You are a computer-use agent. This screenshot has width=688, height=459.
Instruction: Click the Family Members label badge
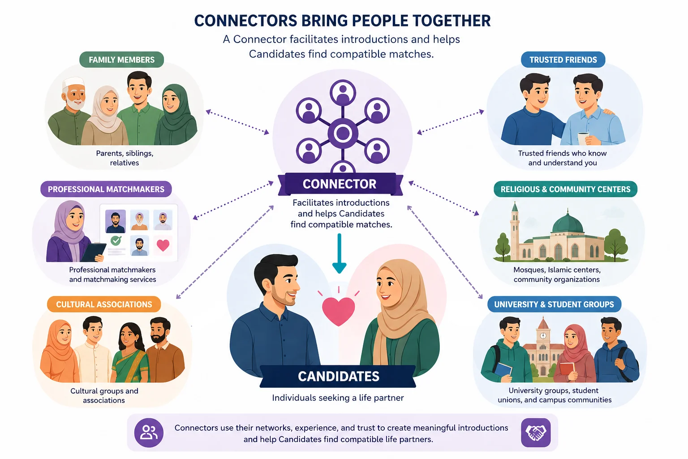pyautogui.click(x=122, y=60)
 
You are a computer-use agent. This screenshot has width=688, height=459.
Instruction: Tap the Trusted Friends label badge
pyautogui.click(x=563, y=60)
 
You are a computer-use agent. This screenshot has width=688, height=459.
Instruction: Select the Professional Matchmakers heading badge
pyautogui.click(x=106, y=189)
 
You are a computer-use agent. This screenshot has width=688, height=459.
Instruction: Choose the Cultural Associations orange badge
pyautogui.click(x=104, y=304)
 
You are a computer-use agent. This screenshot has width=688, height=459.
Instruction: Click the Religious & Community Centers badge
pyautogui.click(x=565, y=189)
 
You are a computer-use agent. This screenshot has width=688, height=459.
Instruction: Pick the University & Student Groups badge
pyautogui.click(x=554, y=304)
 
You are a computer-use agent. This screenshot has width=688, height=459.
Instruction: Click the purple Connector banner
pyautogui.click(x=340, y=184)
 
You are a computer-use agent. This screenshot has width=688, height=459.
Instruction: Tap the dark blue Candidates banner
pyautogui.click(x=338, y=377)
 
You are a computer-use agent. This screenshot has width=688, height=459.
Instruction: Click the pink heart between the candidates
pyautogui.click(x=339, y=311)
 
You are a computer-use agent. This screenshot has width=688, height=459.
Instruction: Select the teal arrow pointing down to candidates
pyautogui.click(x=340, y=254)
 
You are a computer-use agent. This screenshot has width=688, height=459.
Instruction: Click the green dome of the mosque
pyautogui.click(x=568, y=222)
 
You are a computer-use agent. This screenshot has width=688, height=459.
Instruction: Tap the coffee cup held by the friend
pyautogui.click(x=583, y=139)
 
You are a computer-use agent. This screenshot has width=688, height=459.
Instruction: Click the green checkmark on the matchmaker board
pyautogui.click(x=116, y=240)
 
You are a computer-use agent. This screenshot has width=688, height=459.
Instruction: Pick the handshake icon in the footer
pyautogui.click(x=536, y=433)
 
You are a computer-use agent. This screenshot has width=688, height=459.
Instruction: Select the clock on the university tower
pyautogui.click(x=543, y=335)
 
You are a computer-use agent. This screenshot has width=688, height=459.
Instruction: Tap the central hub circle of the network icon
pyautogui.click(x=343, y=134)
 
